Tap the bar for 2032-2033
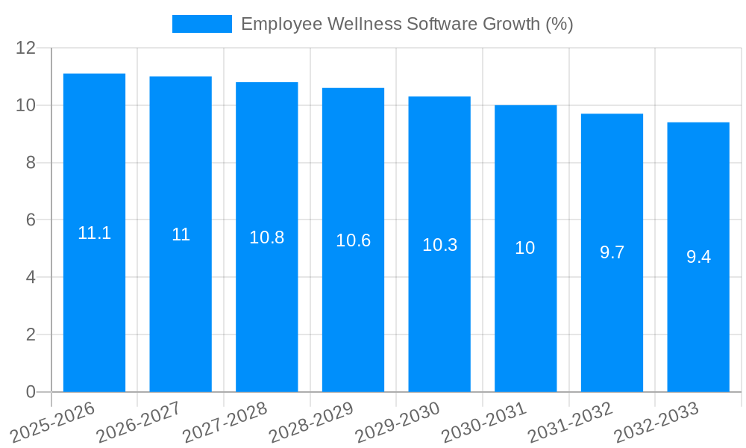coord(698,329)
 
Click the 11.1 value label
coord(94,233)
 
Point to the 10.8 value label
coord(266,237)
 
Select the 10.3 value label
coord(439,245)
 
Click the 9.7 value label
coord(612,252)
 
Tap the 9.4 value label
coord(698,257)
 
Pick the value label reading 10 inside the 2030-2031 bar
coord(525,248)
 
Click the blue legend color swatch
coord(201,24)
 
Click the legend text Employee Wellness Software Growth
coord(407,24)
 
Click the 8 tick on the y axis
coord(31,163)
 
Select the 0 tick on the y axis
coord(31,392)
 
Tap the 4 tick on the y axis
coord(31,277)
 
